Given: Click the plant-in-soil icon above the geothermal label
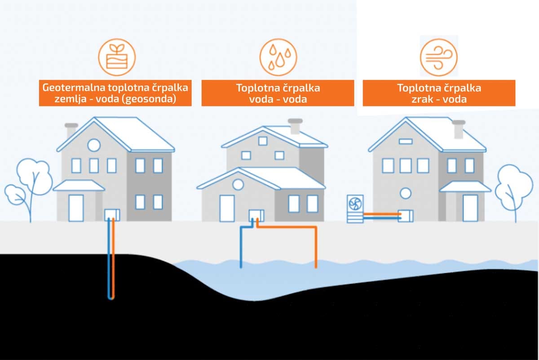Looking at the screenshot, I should (117, 58).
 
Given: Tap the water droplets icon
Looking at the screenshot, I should (278, 58).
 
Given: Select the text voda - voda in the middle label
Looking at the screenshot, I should (278, 99).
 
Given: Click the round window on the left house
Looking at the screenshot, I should (93, 145).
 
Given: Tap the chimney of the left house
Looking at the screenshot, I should (71, 130).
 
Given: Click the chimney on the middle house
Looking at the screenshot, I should (295, 126).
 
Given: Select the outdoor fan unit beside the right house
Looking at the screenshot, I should (355, 208).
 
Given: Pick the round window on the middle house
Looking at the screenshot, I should (238, 184).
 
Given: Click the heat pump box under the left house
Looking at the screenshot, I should (112, 214).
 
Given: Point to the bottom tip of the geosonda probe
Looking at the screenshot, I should (111, 298).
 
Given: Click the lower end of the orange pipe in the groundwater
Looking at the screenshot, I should (316, 266).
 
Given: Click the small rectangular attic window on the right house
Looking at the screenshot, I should (406, 141).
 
